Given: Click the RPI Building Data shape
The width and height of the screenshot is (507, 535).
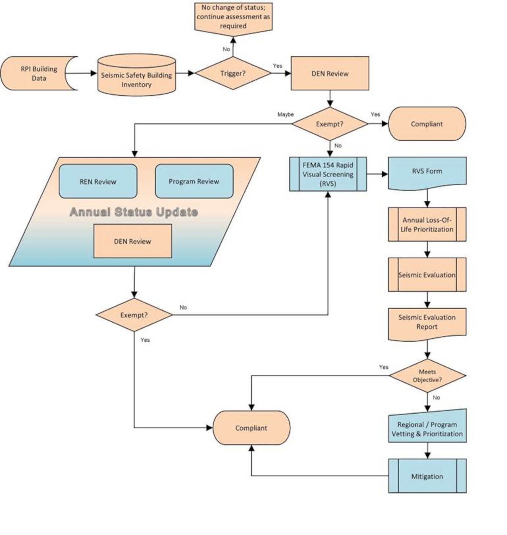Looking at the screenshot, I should pos(39,74).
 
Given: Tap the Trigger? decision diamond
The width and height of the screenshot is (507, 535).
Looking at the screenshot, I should pos(233,73).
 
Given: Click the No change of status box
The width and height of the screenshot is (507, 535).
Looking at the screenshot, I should pos(233,17).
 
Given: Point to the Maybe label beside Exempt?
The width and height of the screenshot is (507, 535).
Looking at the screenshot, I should pos(286,115).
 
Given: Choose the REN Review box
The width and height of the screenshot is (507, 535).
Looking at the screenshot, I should pos(98,182).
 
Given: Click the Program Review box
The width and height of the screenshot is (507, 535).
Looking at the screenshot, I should pos(194,181).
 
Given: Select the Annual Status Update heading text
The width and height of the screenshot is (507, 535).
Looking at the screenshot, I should pos(134,212).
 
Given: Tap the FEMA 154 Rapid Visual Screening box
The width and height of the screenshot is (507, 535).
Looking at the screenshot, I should pos(328,174).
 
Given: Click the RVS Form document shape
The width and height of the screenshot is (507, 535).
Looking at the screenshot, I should pos(427,171).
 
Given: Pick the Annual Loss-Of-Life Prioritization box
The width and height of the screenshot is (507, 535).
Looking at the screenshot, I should pos(427,225).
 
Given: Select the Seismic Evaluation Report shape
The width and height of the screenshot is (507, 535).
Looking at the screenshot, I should pos(427,322).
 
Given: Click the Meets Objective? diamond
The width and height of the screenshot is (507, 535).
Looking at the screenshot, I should pos(427,376).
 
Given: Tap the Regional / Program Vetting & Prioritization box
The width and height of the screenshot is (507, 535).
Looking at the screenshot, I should pos(427,429).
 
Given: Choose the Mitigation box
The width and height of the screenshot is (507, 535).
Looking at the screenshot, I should pos(427,476).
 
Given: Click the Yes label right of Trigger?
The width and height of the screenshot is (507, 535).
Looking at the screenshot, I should pos(278,66).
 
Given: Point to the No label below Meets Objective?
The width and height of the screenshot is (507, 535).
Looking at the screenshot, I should pos(436,398).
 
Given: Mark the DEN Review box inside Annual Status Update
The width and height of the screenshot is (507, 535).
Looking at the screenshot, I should pos(133,241).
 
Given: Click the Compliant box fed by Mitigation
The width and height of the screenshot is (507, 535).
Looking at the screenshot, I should pos(251,428).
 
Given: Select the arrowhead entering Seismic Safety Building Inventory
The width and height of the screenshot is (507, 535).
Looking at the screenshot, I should pos(93,73).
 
